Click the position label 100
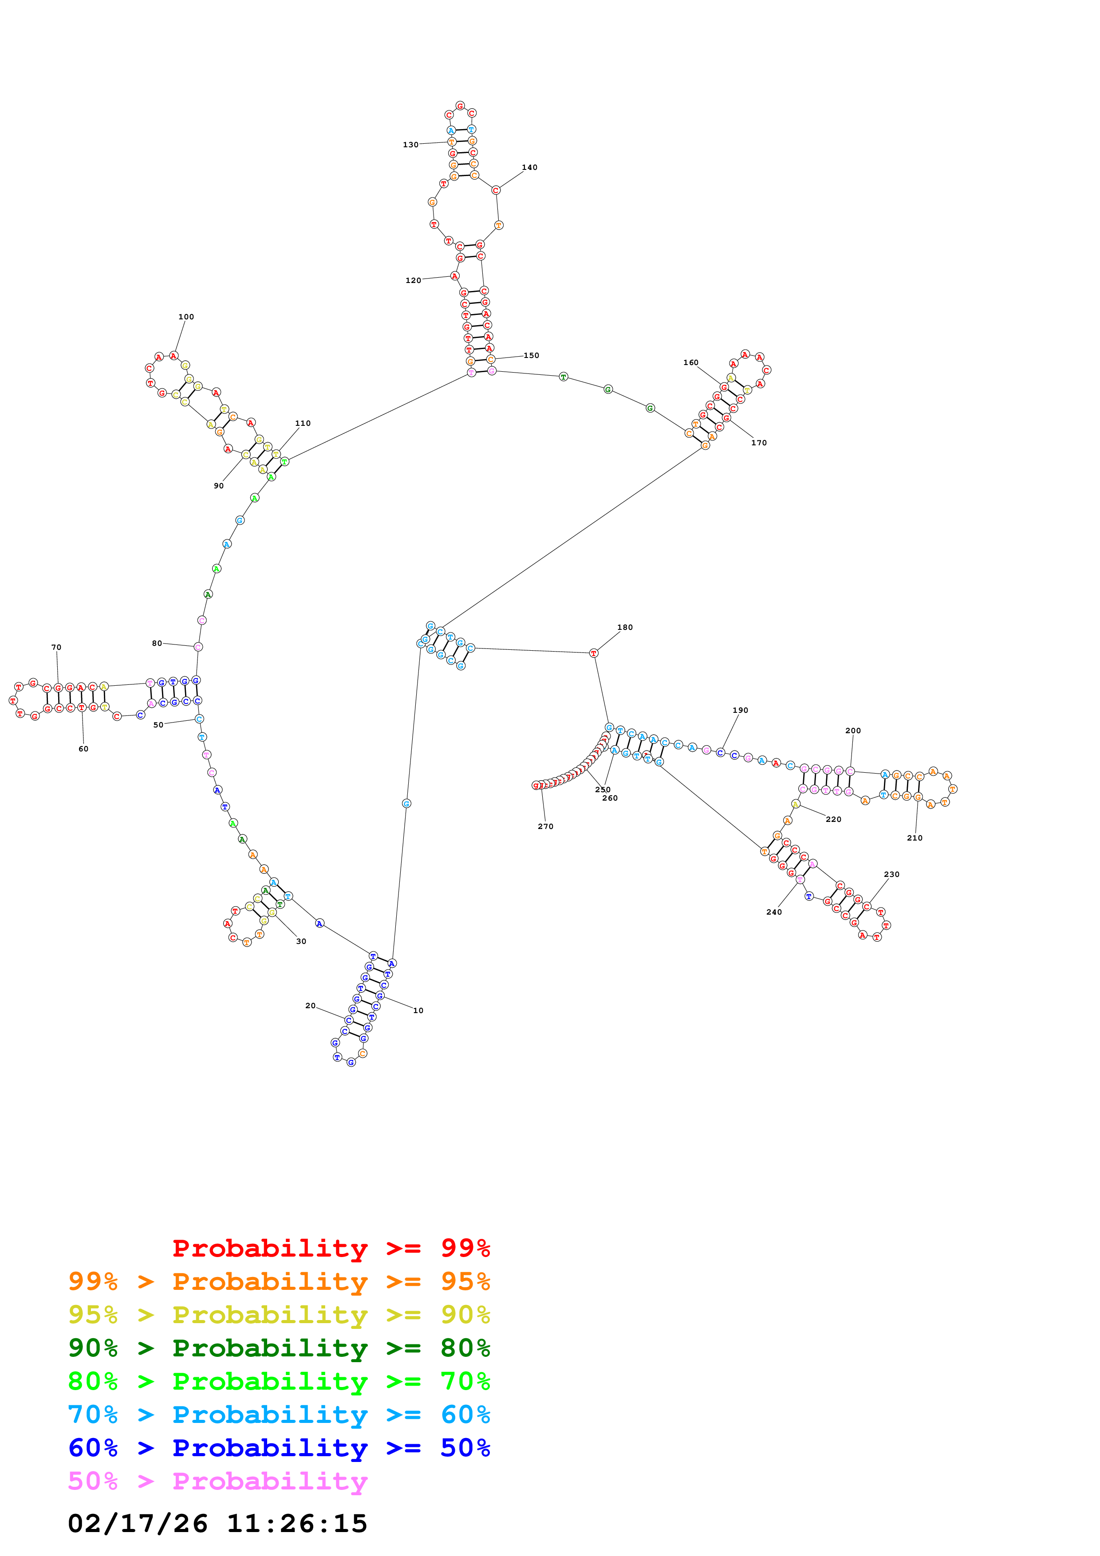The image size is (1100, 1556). coord(186,317)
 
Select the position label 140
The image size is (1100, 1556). coord(529,167)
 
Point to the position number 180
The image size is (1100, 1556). coord(624,627)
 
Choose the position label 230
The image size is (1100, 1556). coord(891,874)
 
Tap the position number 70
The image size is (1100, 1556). coord(56,647)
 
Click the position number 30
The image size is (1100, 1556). coord(301,941)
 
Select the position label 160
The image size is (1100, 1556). coord(690,362)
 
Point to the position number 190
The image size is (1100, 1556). coord(740,710)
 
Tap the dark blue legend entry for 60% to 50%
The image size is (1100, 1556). coord(279,1448)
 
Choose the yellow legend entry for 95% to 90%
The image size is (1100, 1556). coord(279,1314)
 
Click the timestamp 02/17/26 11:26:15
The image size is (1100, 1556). coord(217,1524)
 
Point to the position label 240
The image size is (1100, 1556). coord(773,912)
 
